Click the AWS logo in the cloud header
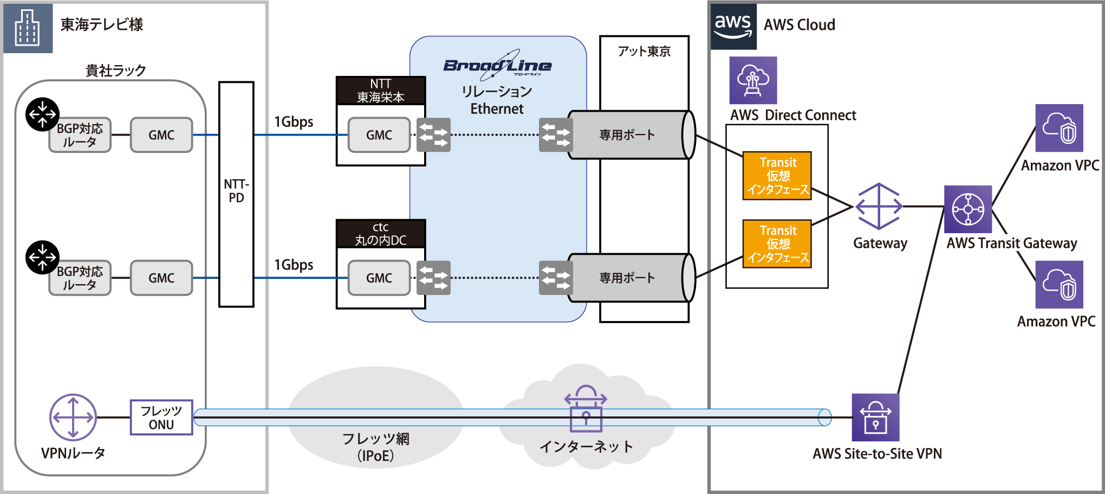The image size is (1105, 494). [x=733, y=26]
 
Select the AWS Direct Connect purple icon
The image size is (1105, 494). [x=753, y=80]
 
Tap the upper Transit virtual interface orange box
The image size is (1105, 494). [x=777, y=176]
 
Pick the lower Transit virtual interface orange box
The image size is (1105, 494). [x=777, y=244]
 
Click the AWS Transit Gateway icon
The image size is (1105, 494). [x=968, y=209]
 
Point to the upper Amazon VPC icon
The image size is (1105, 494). [x=1059, y=128]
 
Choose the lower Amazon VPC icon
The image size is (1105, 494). [x=1059, y=285]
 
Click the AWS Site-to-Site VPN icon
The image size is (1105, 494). [x=875, y=418]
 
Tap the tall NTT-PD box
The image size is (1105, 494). [x=236, y=194]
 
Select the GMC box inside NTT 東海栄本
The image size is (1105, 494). [x=379, y=135]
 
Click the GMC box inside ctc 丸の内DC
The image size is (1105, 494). [x=379, y=278]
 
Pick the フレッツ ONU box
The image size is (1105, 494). [x=161, y=418]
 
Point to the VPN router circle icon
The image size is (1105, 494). [x=73, y=417]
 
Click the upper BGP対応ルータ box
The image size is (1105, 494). [x=80, y=136]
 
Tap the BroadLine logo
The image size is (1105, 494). [x=497, y=66]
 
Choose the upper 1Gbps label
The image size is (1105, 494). [x=294, y=122]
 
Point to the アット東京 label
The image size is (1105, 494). [x=644, y=52]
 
